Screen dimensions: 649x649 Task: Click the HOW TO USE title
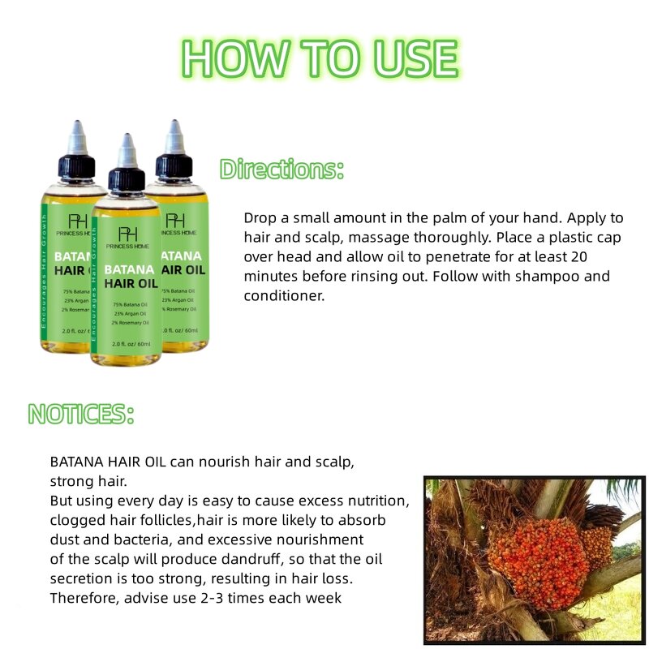pyautogui.click(x=320, y=58)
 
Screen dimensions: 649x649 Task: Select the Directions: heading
pyautogui.click(x=282, y=170)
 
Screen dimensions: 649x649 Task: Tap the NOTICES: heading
pyautogui.click(x=81, y=414)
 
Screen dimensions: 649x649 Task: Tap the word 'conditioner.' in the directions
pyautogui.click(x=284, y=296)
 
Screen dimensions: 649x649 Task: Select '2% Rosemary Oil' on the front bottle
pyautogui.click(x=126, y=322)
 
